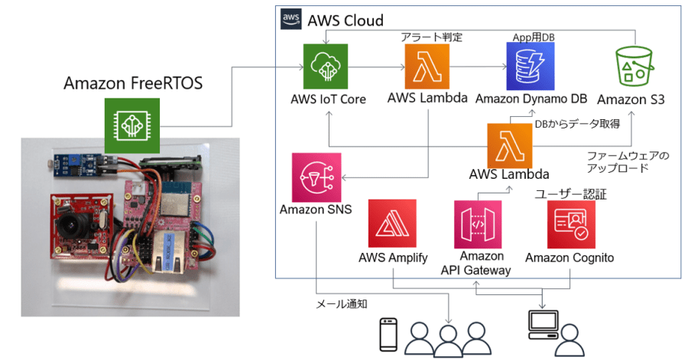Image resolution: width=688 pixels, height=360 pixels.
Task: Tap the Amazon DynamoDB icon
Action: coord(528,66)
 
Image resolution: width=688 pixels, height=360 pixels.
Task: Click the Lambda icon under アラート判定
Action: coord(428,66)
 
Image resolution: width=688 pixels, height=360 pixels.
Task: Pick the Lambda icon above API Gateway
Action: coord(510,145)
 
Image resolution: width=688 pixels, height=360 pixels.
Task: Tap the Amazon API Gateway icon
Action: coord(477,224)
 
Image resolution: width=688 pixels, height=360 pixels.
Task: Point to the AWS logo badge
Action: coord(290,18)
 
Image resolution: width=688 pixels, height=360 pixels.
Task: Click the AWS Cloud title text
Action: coord(345,20)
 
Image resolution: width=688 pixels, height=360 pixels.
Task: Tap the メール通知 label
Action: coord(342,303)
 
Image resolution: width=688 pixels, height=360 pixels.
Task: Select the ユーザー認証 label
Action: coord(570,194)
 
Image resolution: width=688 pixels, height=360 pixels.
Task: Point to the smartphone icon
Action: coord(389,335)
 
